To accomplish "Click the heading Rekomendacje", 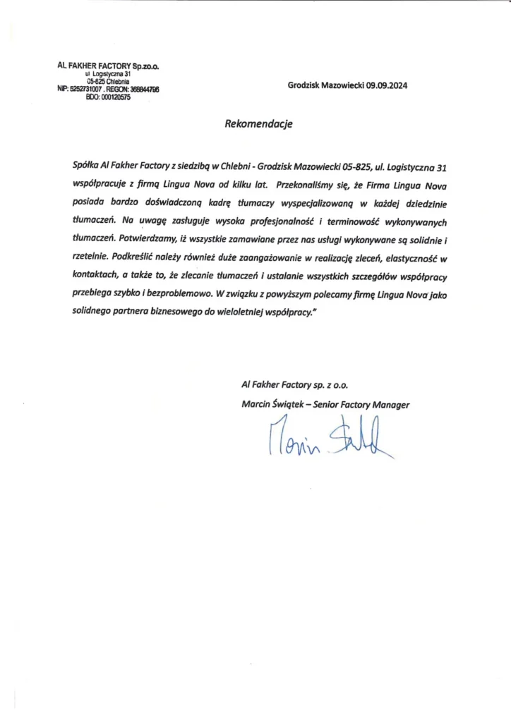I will (x=258, y=123).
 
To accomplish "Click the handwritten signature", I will (x=325, y=438).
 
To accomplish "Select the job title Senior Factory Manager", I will (x=368, y=405).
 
